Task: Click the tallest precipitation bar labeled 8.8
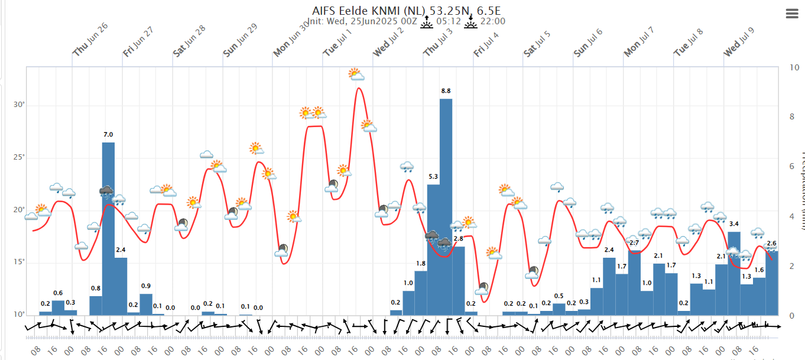pyautogui.click(x=446, y=207)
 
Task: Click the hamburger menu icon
pyautogui.click(x=791, y=14)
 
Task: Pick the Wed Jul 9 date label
pyautogui.click(x=739, y=41)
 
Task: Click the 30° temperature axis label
pyautogui.click(x=20, y=105)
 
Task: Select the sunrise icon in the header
pyautogui.click(x=427, y=22)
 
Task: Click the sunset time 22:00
pyautogui.click(x=492, y=21)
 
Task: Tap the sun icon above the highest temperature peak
pyautogui.click(x=356, y=74)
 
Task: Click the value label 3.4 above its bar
pyautogui.click(x=751, y=224)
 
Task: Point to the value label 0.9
pyautogui.click(x=145, y=286)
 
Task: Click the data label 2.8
pyautogui.click(x=458, y=238)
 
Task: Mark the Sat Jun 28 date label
pyautogui.click(x=189, y=41)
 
